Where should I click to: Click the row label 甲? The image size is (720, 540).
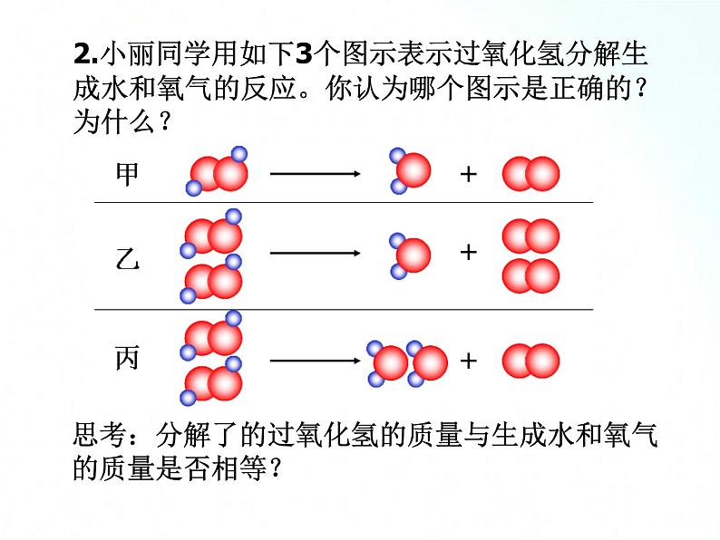point(128,173)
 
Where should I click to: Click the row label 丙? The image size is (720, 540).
point(128,359)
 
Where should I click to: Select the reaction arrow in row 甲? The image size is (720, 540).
point(316,173)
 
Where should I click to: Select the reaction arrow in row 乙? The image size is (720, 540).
point(316,254)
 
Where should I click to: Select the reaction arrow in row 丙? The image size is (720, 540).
point(316,361)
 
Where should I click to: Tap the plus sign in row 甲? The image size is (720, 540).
point(468,173)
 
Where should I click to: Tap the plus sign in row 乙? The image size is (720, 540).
point(468,252)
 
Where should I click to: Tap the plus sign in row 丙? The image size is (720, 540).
point(468,361)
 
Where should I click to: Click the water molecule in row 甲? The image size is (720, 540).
point(410,170)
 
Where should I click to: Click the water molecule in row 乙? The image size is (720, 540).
point(410,255)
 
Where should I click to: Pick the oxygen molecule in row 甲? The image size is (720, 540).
point(531,173)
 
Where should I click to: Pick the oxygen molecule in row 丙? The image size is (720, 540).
point(531,361)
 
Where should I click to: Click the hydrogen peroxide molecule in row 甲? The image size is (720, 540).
point(219,171)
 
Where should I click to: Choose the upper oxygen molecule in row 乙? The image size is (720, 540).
point(531,237)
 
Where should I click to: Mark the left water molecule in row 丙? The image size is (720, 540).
point(388,362)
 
